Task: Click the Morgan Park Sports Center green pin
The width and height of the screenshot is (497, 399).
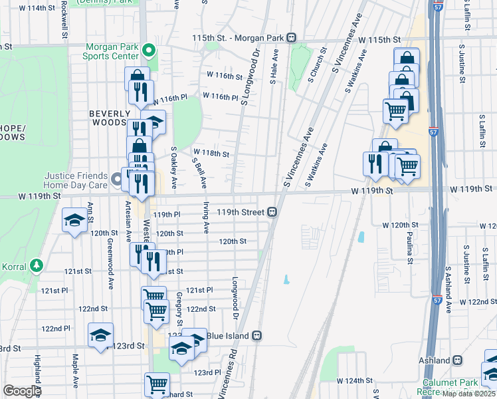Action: click(149, 51)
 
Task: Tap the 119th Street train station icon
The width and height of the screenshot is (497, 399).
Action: click(272, 212)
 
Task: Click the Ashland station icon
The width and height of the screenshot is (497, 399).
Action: click(458, 360)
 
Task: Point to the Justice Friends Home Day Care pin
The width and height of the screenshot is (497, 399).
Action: click(117, 178)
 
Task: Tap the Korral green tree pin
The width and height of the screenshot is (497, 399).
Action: click(36, 266)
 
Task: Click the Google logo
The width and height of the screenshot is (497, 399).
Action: click(22, 391)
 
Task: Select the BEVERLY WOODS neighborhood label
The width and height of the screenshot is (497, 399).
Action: click(108, 118)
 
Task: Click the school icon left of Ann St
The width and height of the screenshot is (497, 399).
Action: click(74, 219)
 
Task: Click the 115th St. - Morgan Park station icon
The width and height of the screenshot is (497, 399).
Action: click(291, 38)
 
